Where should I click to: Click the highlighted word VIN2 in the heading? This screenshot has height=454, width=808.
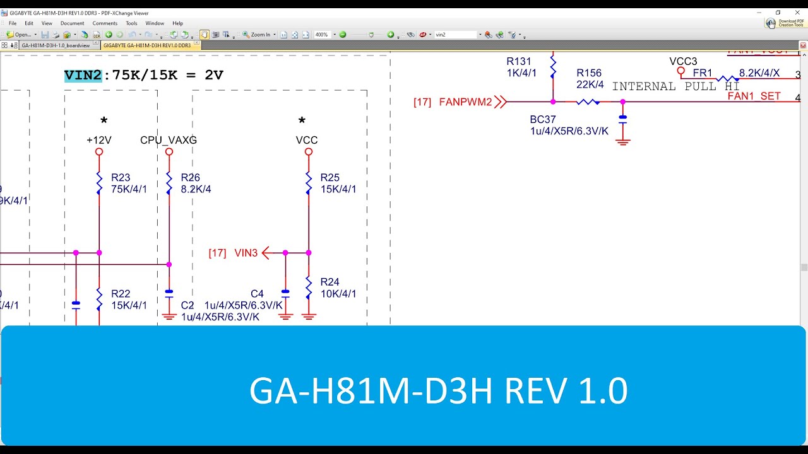[83, 76]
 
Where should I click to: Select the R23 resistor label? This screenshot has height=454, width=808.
[121, 178]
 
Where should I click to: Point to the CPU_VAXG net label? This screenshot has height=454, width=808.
[169, 140]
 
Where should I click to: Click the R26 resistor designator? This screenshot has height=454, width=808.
[190, 178]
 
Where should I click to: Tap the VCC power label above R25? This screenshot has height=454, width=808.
[307, 140]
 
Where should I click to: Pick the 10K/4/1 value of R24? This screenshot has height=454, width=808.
[338, 293]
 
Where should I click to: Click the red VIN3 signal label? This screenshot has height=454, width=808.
[246, 253]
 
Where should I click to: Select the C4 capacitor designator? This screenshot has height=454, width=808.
[257, 294]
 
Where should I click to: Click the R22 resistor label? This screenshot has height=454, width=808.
[121, 294]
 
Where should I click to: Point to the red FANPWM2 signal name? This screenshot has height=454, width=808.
[465, 102]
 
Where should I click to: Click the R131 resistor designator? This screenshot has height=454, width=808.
[519, 61]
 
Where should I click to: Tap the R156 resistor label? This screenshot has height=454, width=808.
[589, 73]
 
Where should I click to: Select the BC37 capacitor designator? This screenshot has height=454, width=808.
[543, 120]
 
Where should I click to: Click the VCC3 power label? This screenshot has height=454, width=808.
[684, 61]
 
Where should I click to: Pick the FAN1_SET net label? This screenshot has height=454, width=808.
[754, 96]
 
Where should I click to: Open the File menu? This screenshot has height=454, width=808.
[13, 23]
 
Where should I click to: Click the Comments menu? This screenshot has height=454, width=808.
[105, 23]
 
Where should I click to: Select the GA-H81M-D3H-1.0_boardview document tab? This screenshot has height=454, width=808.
[56, 45]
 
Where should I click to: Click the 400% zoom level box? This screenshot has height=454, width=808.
[321, 35]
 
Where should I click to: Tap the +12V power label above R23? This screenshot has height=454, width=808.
[98, 140]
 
